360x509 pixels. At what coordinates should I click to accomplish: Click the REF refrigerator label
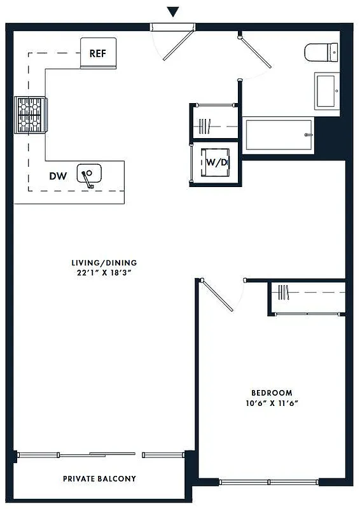[x=97, y=53]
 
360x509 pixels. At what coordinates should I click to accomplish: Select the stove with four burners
[x=31, y=115]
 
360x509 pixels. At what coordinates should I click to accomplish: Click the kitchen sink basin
[x=90, y=173]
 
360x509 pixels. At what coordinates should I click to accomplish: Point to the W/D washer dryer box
[x=216, y=162]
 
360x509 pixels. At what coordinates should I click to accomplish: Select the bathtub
[x=279, y=135]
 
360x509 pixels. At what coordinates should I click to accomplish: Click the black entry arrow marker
[x=172, y=12]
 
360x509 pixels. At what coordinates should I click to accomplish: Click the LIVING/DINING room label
[x=104, y=262]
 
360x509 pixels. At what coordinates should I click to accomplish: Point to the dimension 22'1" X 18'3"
[x=104, y=272]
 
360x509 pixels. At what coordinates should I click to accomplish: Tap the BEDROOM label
[x=272, y=393]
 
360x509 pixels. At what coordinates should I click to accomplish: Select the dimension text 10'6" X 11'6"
[x=272, y=403]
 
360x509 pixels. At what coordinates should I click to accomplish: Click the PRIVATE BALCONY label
[x=99, y=478]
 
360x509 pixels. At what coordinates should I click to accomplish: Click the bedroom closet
[x=308, y=296]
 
